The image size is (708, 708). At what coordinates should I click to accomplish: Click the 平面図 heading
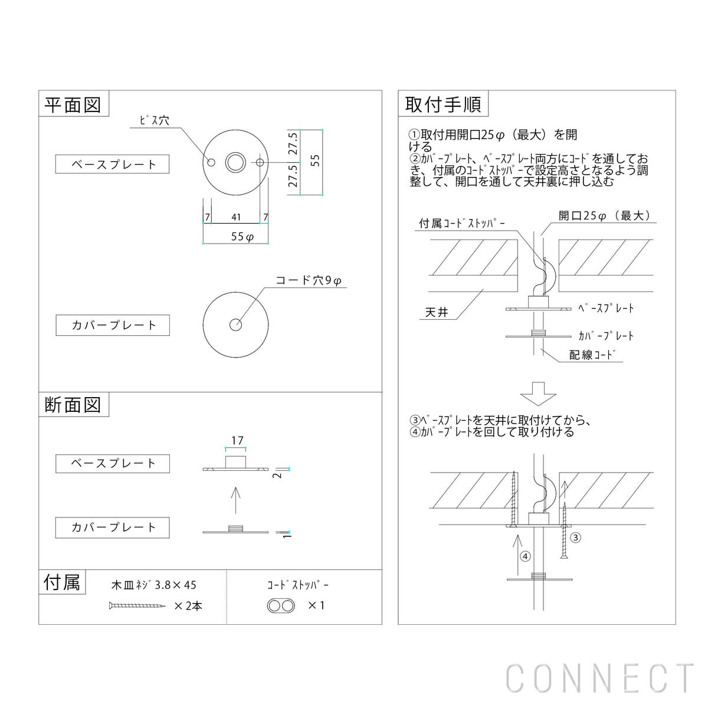click(x=73, y=105)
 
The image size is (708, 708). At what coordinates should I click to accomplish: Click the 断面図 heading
click(x=73, y=405)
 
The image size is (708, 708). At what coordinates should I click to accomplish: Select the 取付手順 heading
click(x=443, y=104)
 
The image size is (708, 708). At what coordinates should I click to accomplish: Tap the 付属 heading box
click(x=62, y=582)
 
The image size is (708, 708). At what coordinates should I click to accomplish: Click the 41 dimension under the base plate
click(x=236, y=217)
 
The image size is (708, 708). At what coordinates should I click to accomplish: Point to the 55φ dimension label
click(x=242, y=237)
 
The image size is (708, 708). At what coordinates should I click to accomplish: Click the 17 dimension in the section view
click(x=237, y=441)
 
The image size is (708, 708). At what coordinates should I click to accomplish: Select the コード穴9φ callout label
click(x=309, y=281)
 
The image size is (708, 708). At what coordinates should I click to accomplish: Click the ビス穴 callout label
click(x=155, y=120)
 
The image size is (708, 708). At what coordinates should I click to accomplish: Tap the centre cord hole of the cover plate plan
click(x=235, y=324)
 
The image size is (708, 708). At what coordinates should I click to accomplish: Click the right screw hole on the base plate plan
click(x=260, y=162)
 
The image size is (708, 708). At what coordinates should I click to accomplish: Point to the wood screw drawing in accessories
click(x=137, y=605)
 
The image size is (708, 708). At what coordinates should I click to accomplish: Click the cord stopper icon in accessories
click(x=281, y=605)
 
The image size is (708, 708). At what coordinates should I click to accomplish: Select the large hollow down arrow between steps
click(x=538, y=394)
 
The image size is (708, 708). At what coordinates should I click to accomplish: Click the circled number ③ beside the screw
click(x=575, y=538)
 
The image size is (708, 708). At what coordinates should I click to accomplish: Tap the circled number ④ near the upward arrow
click(x=526, y=556)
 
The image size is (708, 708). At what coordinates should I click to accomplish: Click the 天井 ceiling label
click(x=437, y=312)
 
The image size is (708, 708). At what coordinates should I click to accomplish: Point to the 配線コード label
click(x=592, y=355)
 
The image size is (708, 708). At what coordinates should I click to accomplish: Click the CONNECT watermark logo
click(x=599, y=678)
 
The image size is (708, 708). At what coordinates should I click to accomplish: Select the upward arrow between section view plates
click(x=235, y=500)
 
